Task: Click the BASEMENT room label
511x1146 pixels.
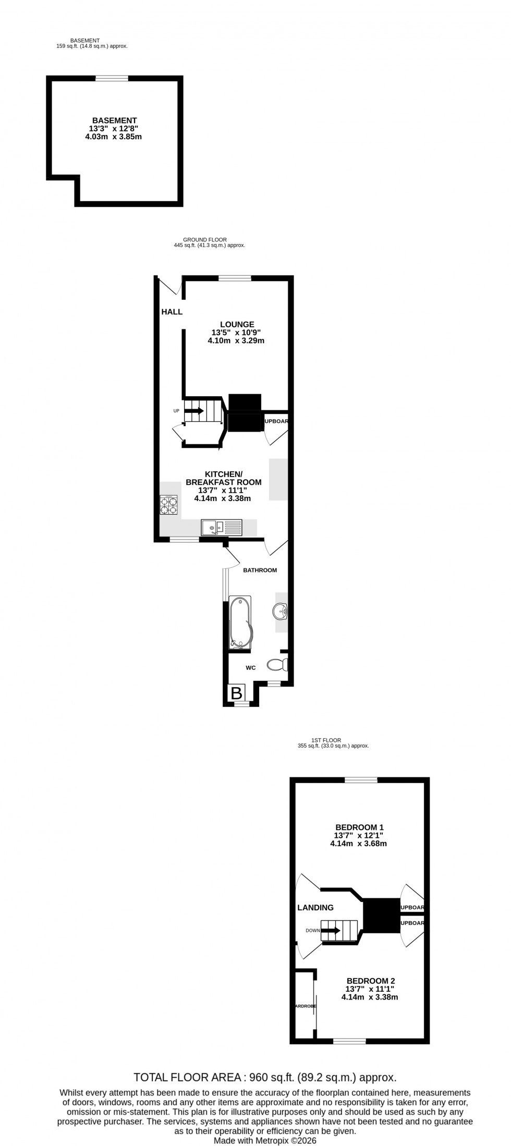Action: click(114, 120)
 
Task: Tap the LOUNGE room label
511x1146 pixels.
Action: click(237, 324)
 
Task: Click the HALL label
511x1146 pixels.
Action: click(172, 312)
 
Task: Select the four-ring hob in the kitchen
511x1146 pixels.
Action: click(168, 505)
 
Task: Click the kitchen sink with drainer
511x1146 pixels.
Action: click(222, 528)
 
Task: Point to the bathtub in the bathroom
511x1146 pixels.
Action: click(240, 623)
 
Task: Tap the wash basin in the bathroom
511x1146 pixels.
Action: click(281, 612)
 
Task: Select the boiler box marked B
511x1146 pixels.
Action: click(236, 693)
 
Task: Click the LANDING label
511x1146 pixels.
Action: click(315, 908)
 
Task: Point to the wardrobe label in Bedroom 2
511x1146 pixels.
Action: click(305, 1006)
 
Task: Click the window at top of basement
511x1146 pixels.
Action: click(112, 78)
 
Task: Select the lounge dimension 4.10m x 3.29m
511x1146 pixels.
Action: click(236, 341)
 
